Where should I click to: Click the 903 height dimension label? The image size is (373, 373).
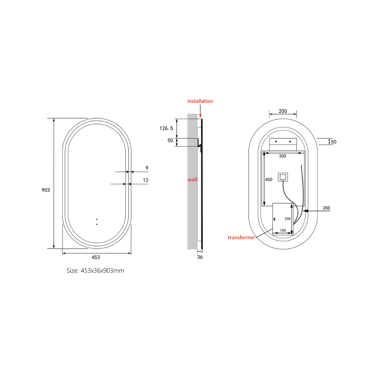pyautogui.click(x=46, y=190)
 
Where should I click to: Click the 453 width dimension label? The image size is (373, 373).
pyautogui.click(x=95, y=257)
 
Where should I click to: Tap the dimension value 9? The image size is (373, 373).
pyautogui.click(x=147, y=168)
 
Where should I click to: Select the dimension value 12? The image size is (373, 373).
pyautogui.click(x=145, y=180)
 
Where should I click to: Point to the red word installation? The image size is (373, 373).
pyautogui.click(x=200, y=101)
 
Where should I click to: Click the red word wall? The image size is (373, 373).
pyautogui.click(x=192, y=179)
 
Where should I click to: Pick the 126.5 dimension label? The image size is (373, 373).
pyautogui.click(x=166, y=128)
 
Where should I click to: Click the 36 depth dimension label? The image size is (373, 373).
pyautogui.click(x=200, y=257)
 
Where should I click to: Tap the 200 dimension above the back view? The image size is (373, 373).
pyautogui.click(x=283, y=111)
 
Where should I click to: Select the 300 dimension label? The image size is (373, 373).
pyautogui.click(x=282, y=156)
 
